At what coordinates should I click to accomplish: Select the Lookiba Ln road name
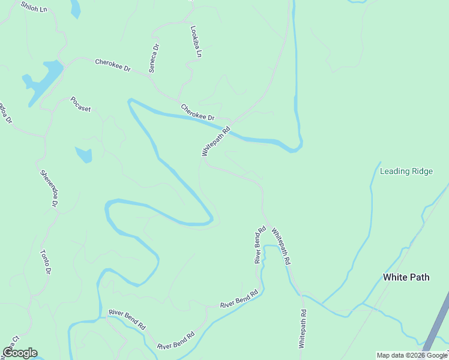(195, 41)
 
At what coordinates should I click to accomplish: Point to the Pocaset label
(80, 104)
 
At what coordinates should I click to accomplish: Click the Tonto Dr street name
(44, 262)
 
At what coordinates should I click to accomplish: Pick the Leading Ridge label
(406, 171)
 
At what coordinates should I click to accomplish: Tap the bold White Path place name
(406, 277)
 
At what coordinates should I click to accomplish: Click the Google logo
(20, 353)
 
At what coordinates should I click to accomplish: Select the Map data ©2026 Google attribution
(412, 355)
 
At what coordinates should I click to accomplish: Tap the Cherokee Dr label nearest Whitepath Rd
(197, 113)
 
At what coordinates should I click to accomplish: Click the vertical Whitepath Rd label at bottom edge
(303, 329)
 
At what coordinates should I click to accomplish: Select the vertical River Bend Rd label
(259, 245)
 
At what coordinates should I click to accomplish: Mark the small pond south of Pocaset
(84, 154)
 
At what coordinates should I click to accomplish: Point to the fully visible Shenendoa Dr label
(49, 189)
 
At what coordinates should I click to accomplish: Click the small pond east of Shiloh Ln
(75, 8)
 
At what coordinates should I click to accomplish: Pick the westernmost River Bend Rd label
(127, 320)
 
